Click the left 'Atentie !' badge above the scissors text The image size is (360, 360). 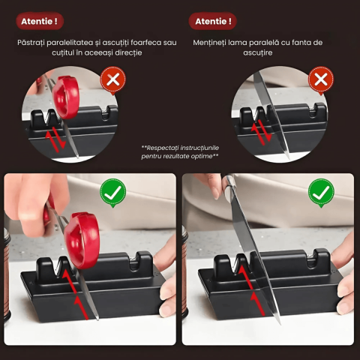click(x=40, y=21)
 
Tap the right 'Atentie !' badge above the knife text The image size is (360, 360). click(x=213, y=21)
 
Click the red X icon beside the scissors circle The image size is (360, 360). click(x=113, y=80)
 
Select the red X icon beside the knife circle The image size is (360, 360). click(x=321, y=80)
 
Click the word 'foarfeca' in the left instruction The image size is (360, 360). click(x=146, y=43)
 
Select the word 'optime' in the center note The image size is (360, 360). click(x=202, y=156)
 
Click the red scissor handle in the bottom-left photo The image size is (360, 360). click(x=82, y=241)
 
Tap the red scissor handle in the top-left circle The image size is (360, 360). click(x=66, y=97)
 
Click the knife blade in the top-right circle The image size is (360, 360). click(x=271, y=114)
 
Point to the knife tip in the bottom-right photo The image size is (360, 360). click(x=279, y=323)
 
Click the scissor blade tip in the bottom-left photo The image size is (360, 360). click(x=97, y=319)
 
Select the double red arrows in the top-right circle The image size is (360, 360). click(x=261, y=132)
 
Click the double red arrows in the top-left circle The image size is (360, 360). click(x=55, y=139)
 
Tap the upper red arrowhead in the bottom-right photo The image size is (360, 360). click(x=242, y=270)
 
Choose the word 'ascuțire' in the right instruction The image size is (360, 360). click(x=258, y=52)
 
